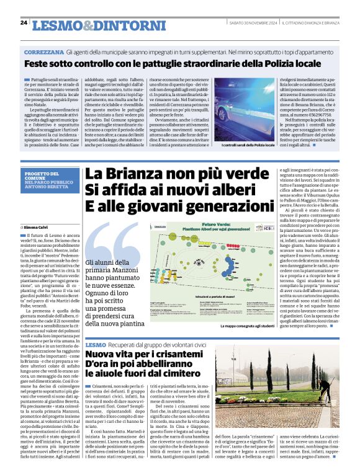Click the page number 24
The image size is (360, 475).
point(24,22)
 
